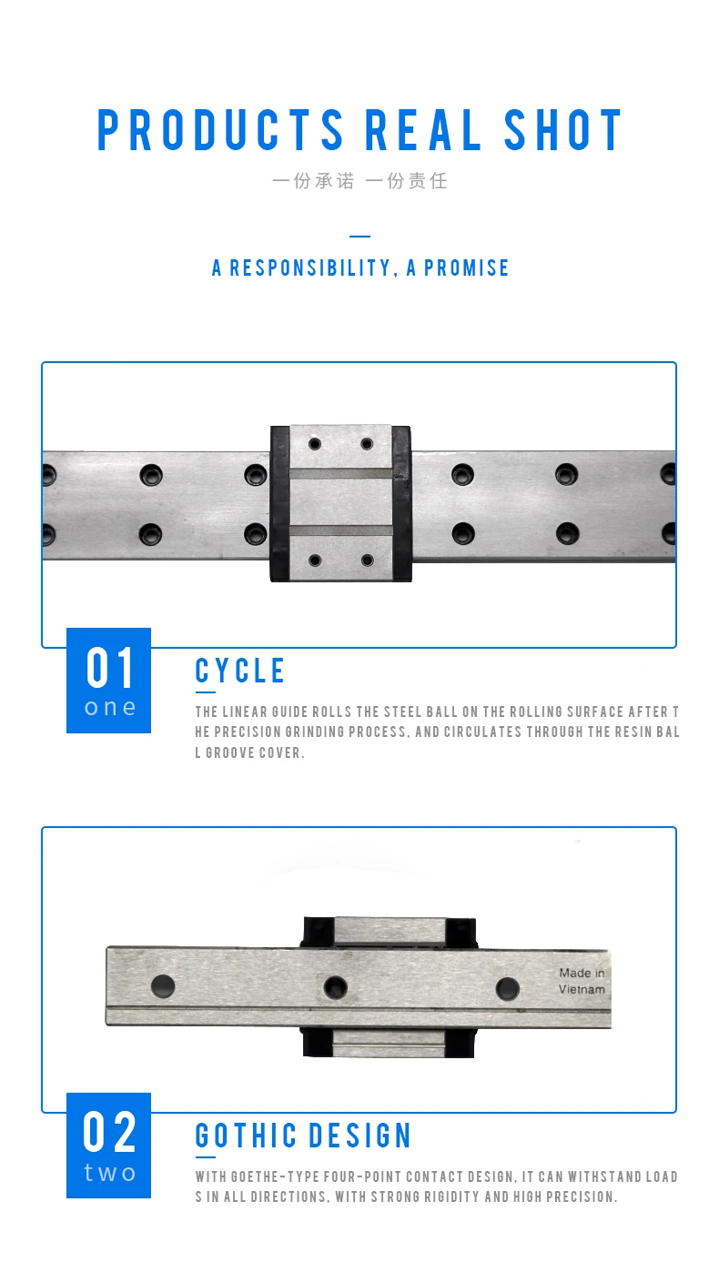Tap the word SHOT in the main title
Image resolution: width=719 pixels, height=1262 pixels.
pos(563,130)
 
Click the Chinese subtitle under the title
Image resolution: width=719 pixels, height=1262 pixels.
pos(359,180)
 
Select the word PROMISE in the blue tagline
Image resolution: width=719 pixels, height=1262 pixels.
pos(466,268)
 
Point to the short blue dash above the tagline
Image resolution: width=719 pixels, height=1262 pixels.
pos(359,237)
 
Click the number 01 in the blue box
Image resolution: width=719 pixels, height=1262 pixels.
pos(110,669)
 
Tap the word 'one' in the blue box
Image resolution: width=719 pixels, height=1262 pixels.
pos(109,707)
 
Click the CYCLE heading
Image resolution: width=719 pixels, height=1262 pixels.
pos(240,671)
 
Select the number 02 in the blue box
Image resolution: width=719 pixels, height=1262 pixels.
pos(110,1133)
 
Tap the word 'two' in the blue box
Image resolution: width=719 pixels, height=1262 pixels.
pos(109,1173)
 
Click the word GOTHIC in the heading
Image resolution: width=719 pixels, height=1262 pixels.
pos(247,1136)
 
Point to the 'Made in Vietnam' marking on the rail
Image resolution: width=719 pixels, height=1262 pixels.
pos(582,982)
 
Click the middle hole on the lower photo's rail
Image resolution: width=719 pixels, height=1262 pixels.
pos(335,986)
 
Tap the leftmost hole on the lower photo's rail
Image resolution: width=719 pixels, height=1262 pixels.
pos(163,984)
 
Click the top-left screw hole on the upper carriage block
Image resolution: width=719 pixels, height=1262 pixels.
pos(315,444)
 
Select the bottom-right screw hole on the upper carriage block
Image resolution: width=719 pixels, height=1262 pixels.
pos(368,560)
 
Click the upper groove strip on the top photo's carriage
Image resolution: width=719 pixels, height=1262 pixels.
pos(341,473)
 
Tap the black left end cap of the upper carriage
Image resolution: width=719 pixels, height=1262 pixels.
pos(279,502)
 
